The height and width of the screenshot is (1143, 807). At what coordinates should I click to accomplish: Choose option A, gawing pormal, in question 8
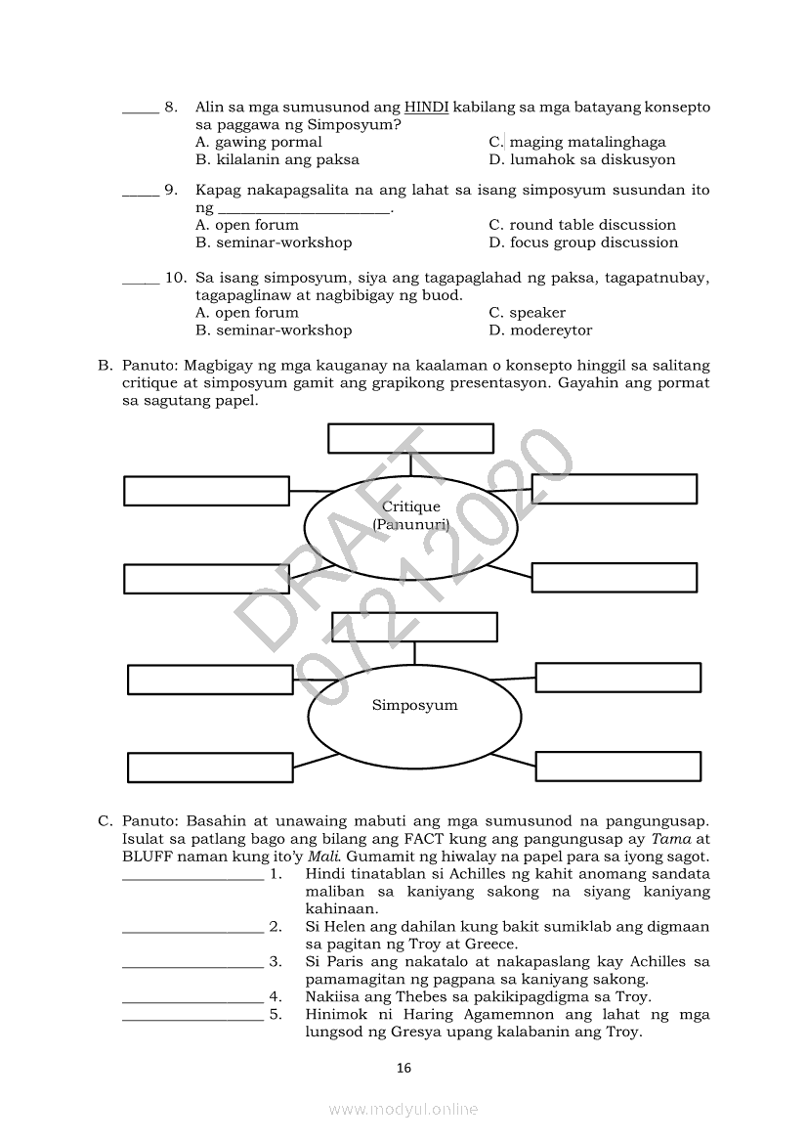tap(258, 142)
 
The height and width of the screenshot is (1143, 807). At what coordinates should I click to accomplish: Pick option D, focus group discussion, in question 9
tap(582, 242)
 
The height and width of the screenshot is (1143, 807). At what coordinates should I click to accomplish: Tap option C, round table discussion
tap(582, 225)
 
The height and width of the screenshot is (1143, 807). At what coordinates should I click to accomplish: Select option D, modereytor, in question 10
tap(540, 330)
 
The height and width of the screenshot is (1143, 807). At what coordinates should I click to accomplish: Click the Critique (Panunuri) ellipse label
tap(410, 515)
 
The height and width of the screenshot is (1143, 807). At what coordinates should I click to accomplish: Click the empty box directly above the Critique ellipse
tap(410, 438)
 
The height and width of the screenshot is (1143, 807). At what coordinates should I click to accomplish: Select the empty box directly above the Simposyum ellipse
tap(414, 627)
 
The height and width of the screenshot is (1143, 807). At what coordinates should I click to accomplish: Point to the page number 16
tap(403, 1068)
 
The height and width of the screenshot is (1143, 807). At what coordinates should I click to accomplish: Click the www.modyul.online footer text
tap(403, 1109)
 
